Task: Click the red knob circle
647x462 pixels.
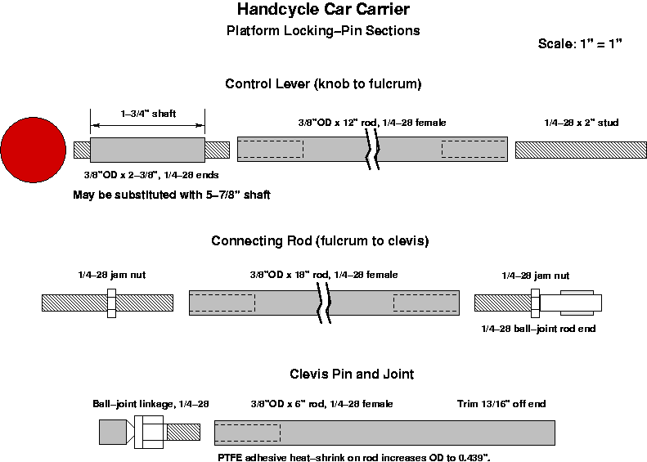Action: [x=33, y=150]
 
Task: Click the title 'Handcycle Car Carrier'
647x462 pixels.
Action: [x=323, y=11]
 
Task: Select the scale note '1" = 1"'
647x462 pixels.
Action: [x=604, y=43]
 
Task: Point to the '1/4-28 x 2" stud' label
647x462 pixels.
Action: [x=581, y=123]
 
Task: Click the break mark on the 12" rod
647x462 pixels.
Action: [x=372, y=150]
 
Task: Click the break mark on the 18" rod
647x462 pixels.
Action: [x=324, y=303]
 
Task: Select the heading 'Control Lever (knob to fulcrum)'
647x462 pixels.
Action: [x=323, y=83]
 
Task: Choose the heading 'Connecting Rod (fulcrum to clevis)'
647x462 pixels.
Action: [x=320, y=241]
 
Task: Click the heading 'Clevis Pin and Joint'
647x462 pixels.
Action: [x=352, y=374]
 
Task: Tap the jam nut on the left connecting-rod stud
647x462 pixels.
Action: [x=112, y=303]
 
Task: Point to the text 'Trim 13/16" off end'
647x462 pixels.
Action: [x=501, y=404]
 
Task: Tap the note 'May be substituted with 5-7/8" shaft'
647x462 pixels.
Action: [x=171, y=195]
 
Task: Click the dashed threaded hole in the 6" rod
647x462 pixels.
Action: [x=247, y=433]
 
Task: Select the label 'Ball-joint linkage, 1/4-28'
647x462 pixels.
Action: [x=151, y=404]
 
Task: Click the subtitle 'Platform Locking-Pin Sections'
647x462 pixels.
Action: [x=323, y=31]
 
